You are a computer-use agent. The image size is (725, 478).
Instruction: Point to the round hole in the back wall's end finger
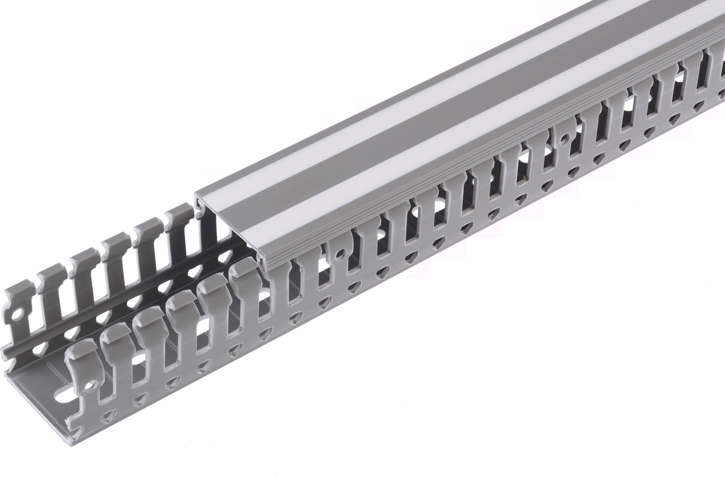coord(13,312)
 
